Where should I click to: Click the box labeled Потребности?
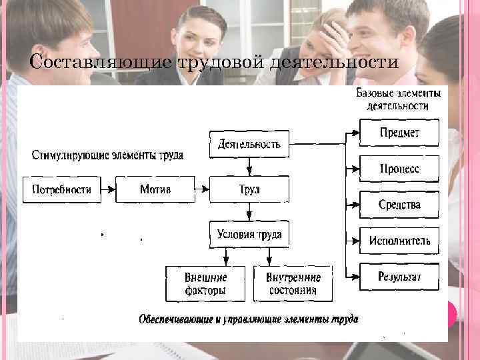(61, 189)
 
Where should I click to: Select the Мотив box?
(155, 189)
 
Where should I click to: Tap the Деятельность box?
(249, 144)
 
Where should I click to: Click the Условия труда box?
(249, 235)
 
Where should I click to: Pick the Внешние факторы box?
(206, 283)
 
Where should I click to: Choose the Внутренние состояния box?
(293, 283)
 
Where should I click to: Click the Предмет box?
(399, 133)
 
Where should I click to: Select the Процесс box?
(399, 169)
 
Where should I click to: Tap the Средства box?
(399, 205)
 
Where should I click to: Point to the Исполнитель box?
(399, 241)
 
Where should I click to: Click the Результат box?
(399, 277)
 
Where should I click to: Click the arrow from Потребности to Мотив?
(108, 189)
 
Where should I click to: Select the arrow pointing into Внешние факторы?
(227, 257)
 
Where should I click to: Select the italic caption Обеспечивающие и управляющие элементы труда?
(248, 319)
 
